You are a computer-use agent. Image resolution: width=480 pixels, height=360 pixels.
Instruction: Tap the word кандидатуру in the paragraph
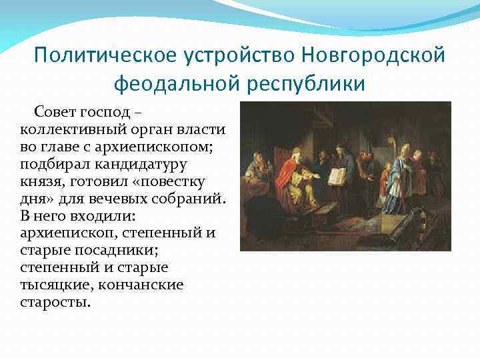coord(139,163)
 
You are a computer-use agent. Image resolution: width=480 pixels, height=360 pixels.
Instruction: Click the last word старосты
coord(55,302)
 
